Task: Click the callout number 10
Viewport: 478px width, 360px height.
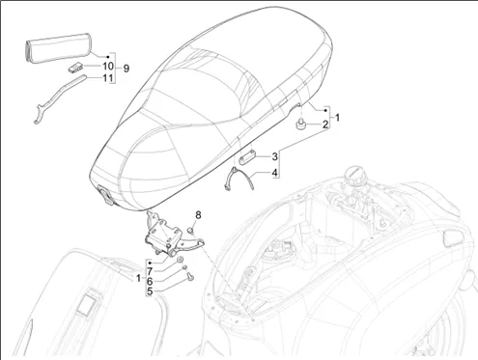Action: click(108, 67)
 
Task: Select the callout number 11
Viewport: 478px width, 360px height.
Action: click(108, 78)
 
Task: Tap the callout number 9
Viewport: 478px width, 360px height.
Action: click(126, 69)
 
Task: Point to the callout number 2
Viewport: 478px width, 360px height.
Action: click(325, 125)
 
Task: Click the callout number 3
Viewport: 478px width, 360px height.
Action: click(274, 156)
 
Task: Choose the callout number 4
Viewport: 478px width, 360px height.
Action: click(274, 173)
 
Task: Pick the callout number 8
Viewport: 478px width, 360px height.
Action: click(198, 214)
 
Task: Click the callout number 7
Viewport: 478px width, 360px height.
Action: click(150, 272)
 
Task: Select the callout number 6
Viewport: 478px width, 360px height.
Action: click(150, 282)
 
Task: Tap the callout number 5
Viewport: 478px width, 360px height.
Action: click(150, 291)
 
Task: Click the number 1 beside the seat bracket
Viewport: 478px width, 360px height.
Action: click(337, 118)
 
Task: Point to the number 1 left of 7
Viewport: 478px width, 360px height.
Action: click(138, 278)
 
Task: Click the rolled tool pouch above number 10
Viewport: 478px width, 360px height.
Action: click(58, 47)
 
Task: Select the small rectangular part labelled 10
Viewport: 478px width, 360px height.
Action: click(75, 68)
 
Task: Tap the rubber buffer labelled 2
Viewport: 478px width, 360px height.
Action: click(300, 125)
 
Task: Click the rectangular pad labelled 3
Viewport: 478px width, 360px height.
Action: click(247, 157)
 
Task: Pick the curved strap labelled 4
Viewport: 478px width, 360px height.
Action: click(239, 179)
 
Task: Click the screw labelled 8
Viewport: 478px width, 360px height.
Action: click(190, 231)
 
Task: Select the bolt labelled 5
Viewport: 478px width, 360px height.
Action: click(190, 276)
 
